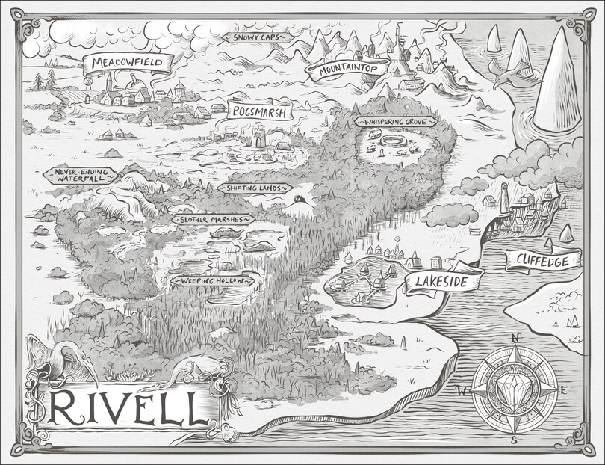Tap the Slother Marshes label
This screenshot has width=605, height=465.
(213, 220)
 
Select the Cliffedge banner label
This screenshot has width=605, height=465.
(542, 260)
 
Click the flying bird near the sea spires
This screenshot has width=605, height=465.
(509, 75)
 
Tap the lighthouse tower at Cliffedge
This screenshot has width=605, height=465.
(505, 196)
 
